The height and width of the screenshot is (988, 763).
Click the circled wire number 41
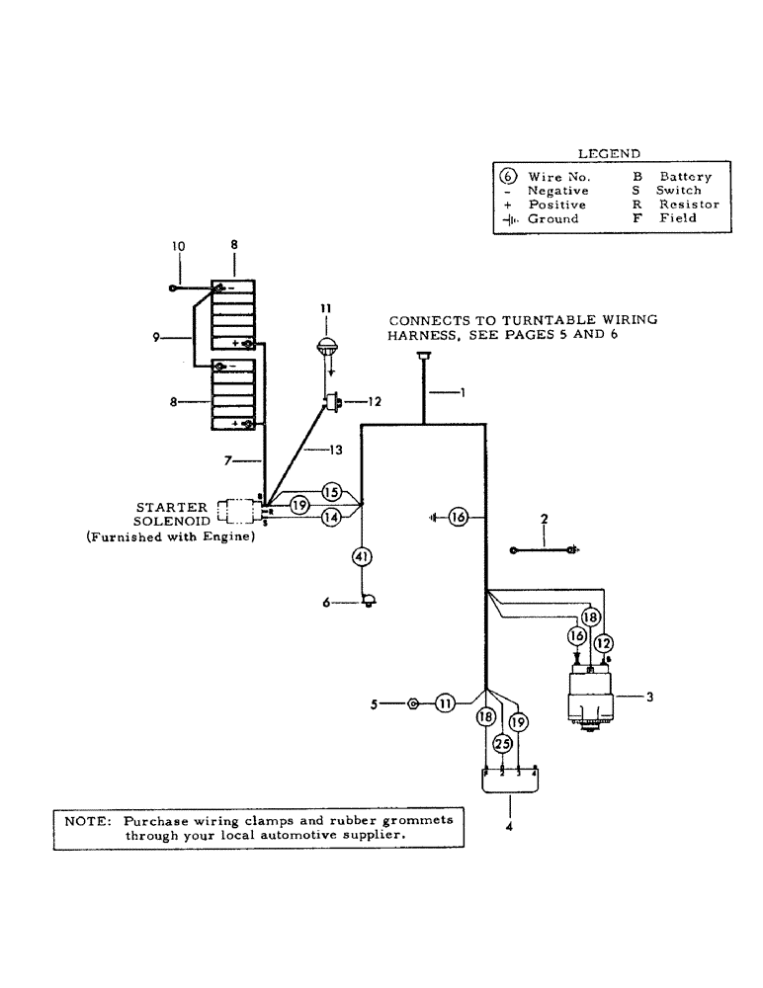click(363, 558)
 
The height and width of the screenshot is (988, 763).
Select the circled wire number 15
click(331, 491)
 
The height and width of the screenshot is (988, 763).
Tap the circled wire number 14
click(331, 516)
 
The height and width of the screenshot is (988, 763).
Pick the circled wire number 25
click(502, 743)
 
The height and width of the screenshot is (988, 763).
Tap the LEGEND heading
click(608, 153)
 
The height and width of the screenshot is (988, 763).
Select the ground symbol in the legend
click(512, 218)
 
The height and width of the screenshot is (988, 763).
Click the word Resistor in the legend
click(689, 205)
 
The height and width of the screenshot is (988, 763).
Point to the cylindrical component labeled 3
click(591, 698)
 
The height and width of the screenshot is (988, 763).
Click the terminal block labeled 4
click(510, 780)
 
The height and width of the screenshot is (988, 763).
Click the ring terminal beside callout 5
click(413, 703)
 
